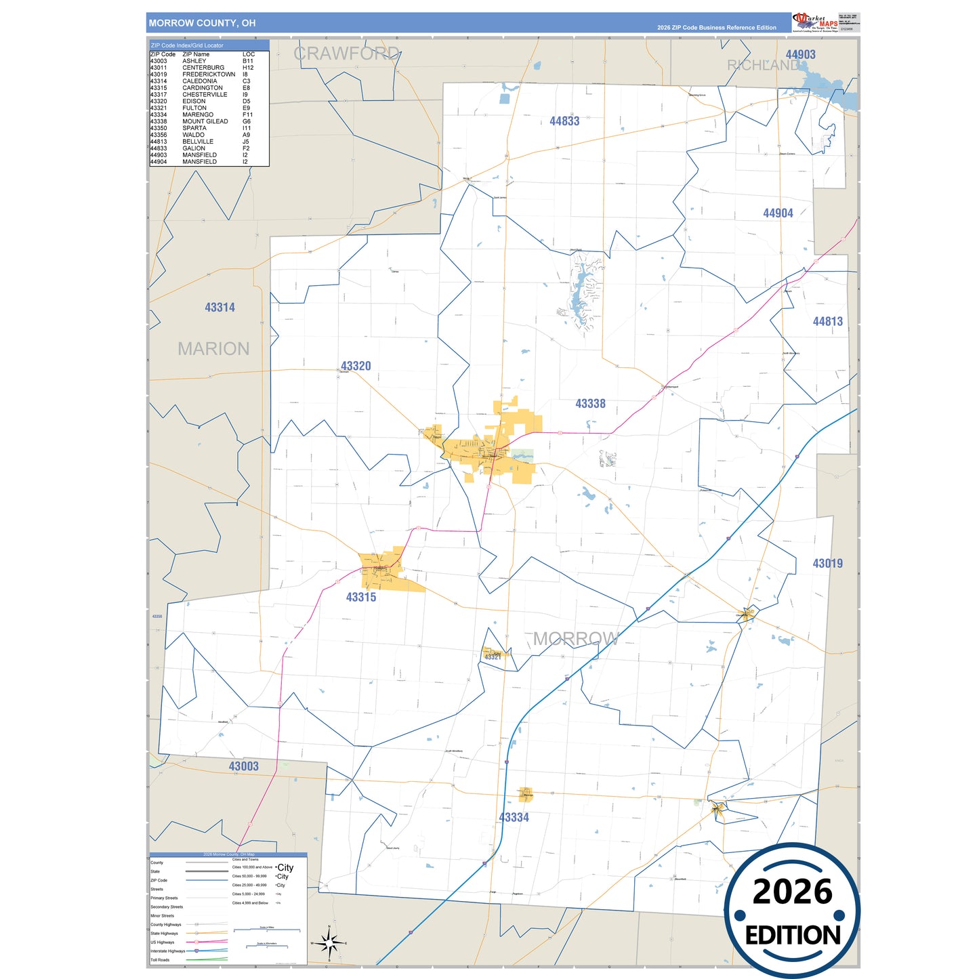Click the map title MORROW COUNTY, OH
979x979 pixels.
point(202,23)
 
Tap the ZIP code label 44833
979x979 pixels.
point(564,121)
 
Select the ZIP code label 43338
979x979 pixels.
point(590,404)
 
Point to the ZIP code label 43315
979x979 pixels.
point(360,598)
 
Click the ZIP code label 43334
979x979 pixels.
point(514,818)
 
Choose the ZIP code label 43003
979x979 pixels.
point(243,767)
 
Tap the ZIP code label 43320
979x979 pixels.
point(356,367)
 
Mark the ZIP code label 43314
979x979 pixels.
point(220,308)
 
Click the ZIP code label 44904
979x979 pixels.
point(778,213)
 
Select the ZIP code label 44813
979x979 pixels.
point(827,322)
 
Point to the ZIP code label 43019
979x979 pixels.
point(827,564)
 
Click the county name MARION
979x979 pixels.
point(213,349)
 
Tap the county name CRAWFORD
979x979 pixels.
point(346,54)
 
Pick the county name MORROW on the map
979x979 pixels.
point(576,639)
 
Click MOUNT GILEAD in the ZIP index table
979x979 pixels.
point(205,121)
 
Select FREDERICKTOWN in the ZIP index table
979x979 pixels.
point(209,75)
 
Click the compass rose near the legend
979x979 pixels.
point(329,942)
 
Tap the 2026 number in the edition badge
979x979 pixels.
point(792,892)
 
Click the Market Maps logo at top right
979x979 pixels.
point(814,22)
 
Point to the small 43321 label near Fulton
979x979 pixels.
point(493,657)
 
